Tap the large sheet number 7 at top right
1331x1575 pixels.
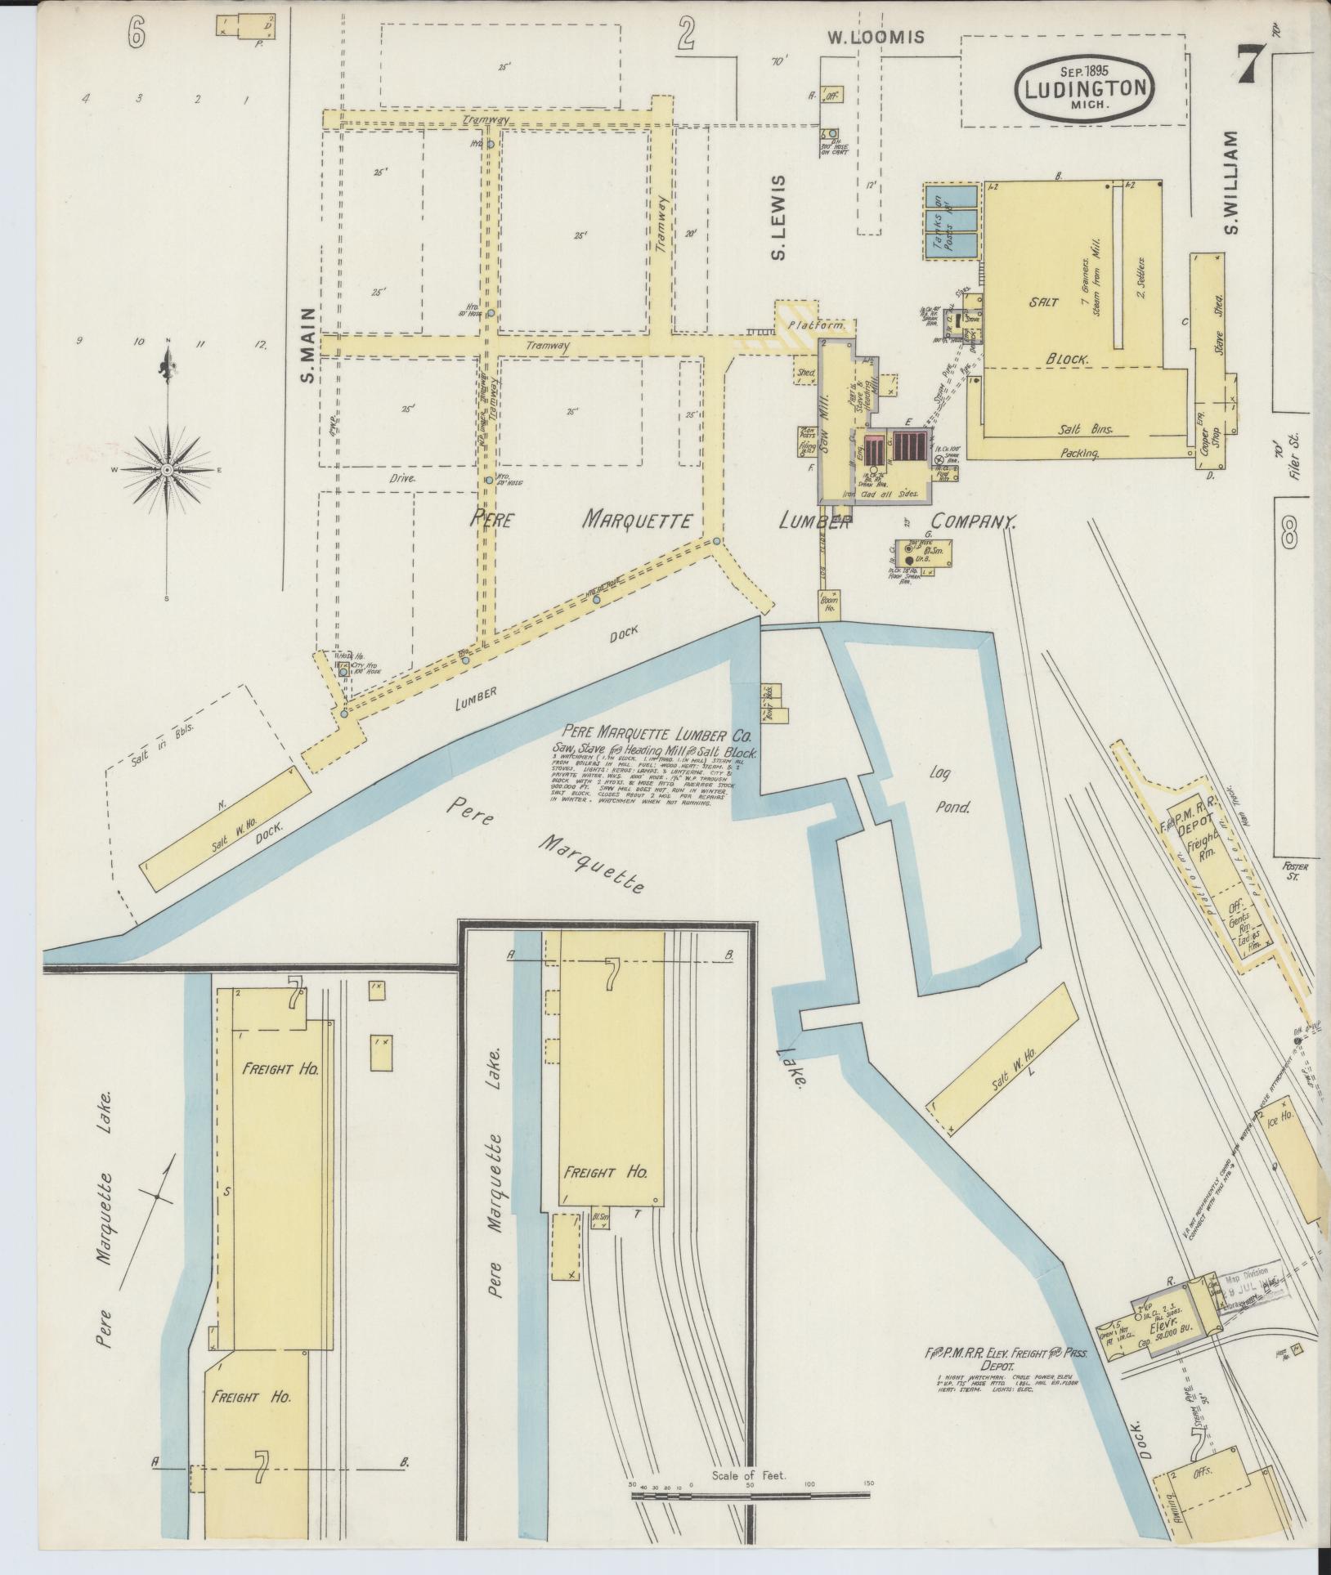coord(1247,63)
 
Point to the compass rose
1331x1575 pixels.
coord(168,470)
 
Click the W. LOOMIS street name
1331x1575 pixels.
coord(875,36)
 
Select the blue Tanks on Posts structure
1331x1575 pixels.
coord(951,221)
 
